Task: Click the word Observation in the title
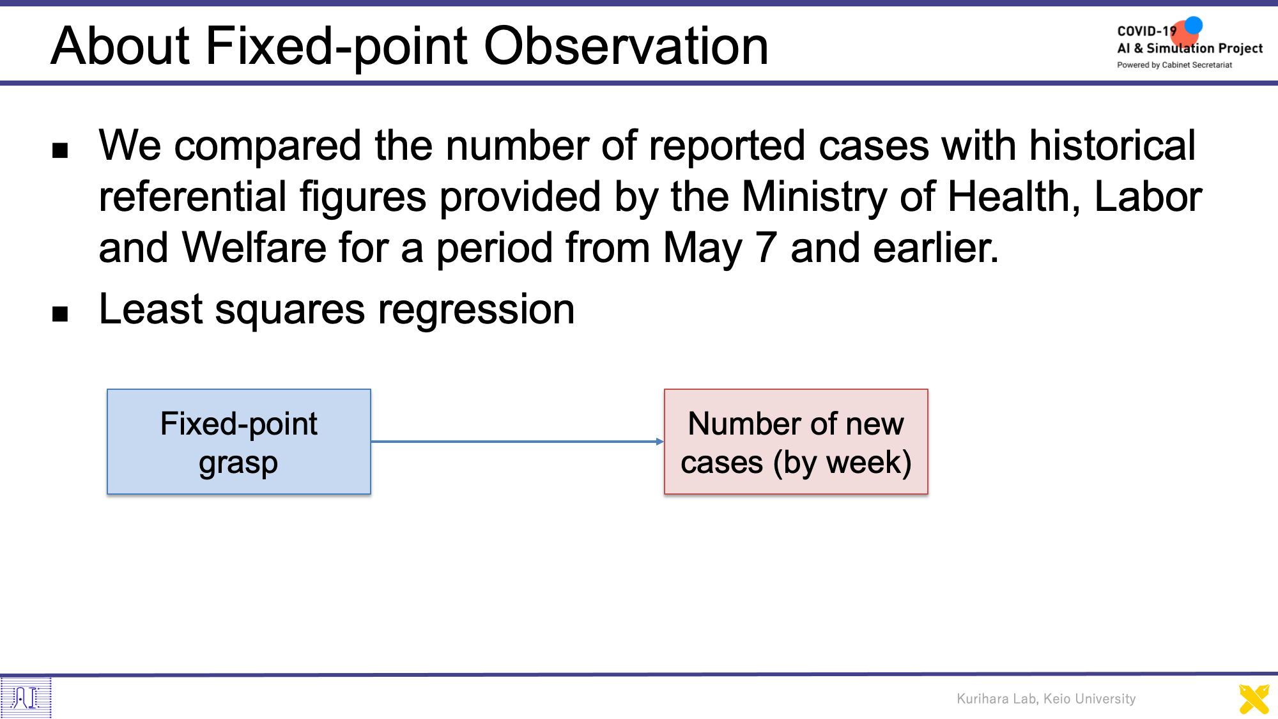pyautogui.click(x=626, y=46)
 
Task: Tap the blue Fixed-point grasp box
pyautogui.click(x=239, y=442)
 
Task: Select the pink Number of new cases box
pyautogui.click(x=796, y=442)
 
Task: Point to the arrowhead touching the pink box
pyautogui.click(x=660, y=442)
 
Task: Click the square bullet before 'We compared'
pyautogui.click(x=60, y=151)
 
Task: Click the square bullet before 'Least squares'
pyautogui.click(x=60, y=314)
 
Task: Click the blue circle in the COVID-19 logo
pyautogui.click(x=1193, y=26)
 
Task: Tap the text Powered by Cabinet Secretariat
pyautogui.click(x=1174, y=65)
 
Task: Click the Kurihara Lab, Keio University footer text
pyautogui.click(x=1046, y=699)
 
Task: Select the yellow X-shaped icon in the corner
pyautogui.click(x=1254, y=699)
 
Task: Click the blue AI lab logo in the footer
pyautogui.click(x=26, y=697)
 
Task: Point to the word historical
pyautogui.click(x=1112, y=145)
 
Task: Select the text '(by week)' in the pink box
pyautogui.click(x=842, y=463)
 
